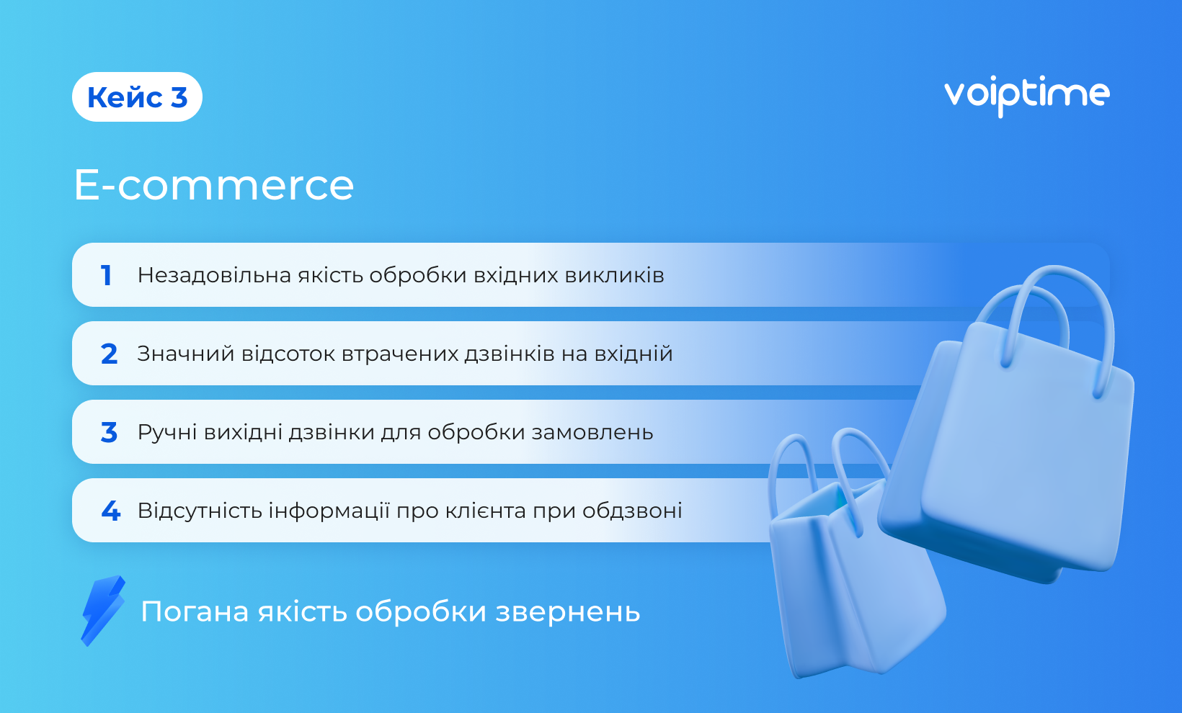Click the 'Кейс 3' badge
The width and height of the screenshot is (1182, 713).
click(x=137, y=97)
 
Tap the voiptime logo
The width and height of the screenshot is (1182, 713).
click(x=1027, y=96)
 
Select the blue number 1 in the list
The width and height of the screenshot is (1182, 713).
click(x=106, y=275)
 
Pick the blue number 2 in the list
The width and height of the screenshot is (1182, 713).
click(x=110, y=354)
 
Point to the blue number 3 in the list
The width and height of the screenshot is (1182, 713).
click(x=110, y=432)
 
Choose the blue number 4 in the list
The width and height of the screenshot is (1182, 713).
click(x=110, y=511)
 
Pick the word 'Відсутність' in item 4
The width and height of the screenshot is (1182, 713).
click(x=200, y=511)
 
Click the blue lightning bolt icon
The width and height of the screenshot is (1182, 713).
click(x=103, y=611)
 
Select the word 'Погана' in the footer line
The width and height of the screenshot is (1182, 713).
click(x=195, y=611)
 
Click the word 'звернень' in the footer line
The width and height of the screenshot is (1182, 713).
click(x=568, y=613)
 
